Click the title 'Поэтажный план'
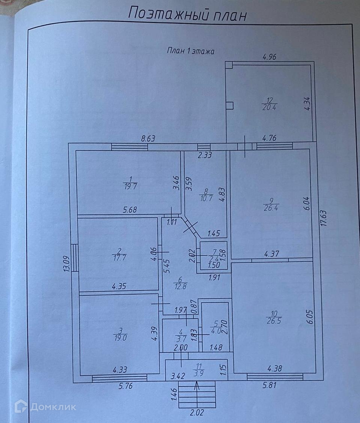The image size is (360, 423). [188, 14]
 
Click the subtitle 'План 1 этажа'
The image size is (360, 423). [190, 51]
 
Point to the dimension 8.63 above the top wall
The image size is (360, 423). [148, 138]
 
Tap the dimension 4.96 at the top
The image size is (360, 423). [269, 57]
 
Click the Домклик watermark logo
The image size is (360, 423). [45, 407]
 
